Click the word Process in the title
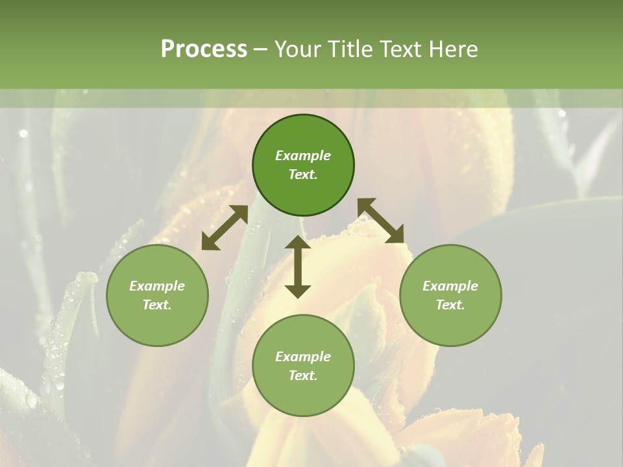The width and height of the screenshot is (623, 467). coord(204,49)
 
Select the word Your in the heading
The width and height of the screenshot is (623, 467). coord(297,49)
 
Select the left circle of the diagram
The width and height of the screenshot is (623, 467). coord(157,295)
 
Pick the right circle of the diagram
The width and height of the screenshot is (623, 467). coord(450,295)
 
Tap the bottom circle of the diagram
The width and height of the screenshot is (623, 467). coord(303,365)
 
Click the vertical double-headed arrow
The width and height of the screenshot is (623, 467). coord(298,267)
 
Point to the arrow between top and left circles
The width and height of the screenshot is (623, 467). coord(225,228)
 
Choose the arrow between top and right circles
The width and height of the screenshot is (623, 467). coord(381,221)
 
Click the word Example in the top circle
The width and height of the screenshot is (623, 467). coord(303,156)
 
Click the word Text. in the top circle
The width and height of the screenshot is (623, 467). coord(303,174)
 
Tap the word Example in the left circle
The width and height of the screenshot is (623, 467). coord(157,286)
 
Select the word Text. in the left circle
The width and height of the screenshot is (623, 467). coord(157,305)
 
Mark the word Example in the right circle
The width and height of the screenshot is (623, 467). coord(450,286)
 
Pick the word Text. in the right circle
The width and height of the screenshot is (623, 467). coord(450,305)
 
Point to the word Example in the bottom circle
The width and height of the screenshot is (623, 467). coord(303,357)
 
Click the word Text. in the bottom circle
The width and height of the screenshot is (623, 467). coord(303,376)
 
